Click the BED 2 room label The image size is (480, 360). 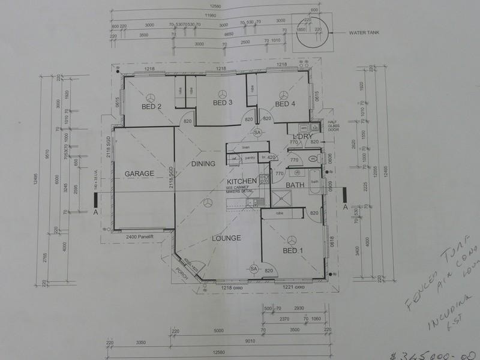[x=151, y=107]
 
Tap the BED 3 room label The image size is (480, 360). [x=223, y=103]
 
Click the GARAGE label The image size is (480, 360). [x=139, y=173]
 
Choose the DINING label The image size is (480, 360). [x=204, y=163]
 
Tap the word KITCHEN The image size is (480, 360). [x=242, y=181]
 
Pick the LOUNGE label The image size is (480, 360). [x=226, y=238]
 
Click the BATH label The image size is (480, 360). [x=296, y=185]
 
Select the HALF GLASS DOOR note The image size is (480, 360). [x=335, y=126]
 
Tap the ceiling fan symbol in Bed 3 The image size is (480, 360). [x=223, y=94]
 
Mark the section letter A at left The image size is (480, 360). [x=95, y=212]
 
